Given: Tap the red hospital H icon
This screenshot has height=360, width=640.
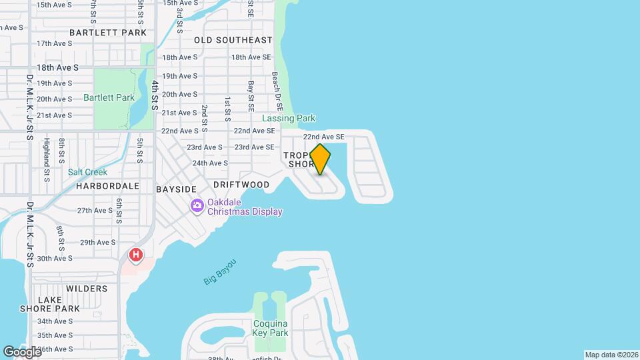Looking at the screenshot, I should tap(136, 255).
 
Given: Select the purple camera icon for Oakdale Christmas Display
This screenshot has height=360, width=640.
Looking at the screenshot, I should tap(197, 205).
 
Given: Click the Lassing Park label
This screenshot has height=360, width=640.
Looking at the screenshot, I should tap(288, 118).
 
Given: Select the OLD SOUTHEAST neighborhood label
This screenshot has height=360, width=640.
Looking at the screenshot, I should tap(233, 40).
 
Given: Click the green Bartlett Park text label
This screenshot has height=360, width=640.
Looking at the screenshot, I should tap(109, 97).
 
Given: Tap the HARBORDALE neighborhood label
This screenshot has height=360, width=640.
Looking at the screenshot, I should tap(107, 186).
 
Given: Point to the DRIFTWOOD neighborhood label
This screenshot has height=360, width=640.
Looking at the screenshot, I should tap(241, 185).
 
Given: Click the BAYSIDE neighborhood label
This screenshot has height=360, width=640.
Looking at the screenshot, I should tap(176, 189).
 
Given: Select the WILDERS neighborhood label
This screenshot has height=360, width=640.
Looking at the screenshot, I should tap(87, 289).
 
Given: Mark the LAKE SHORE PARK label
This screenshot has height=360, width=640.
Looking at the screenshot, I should tap(59, 304).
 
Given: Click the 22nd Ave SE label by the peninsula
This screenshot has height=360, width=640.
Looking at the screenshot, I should tap(323, 137).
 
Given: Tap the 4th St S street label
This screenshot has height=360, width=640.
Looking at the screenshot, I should tap(155, 95).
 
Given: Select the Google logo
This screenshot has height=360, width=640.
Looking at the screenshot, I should tap(21, 351).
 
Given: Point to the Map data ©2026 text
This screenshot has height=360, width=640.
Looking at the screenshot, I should tap(611, 355).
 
